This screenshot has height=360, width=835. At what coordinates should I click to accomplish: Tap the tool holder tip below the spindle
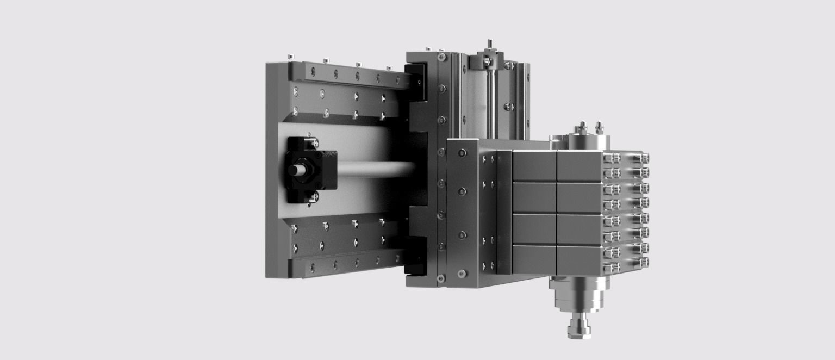point(579,329)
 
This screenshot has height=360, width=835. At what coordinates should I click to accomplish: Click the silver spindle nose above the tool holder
point(579,296)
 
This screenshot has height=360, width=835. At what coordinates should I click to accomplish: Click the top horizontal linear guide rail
point(348,76)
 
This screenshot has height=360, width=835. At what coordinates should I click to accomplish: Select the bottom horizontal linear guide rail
point(348,265)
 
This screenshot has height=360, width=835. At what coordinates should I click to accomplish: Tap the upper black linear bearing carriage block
point(416,82)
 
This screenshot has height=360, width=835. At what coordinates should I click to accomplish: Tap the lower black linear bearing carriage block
point(416,256)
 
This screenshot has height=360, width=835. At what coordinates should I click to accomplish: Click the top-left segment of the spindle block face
point(534,166)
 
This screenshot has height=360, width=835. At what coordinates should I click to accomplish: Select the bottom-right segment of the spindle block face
point(579,260)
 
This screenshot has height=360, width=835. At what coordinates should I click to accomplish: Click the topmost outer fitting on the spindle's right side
point(644,158)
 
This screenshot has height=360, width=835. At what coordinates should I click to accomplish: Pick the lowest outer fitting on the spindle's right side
point(644,263)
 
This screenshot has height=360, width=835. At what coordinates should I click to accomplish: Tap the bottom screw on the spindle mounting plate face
point(462,274)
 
